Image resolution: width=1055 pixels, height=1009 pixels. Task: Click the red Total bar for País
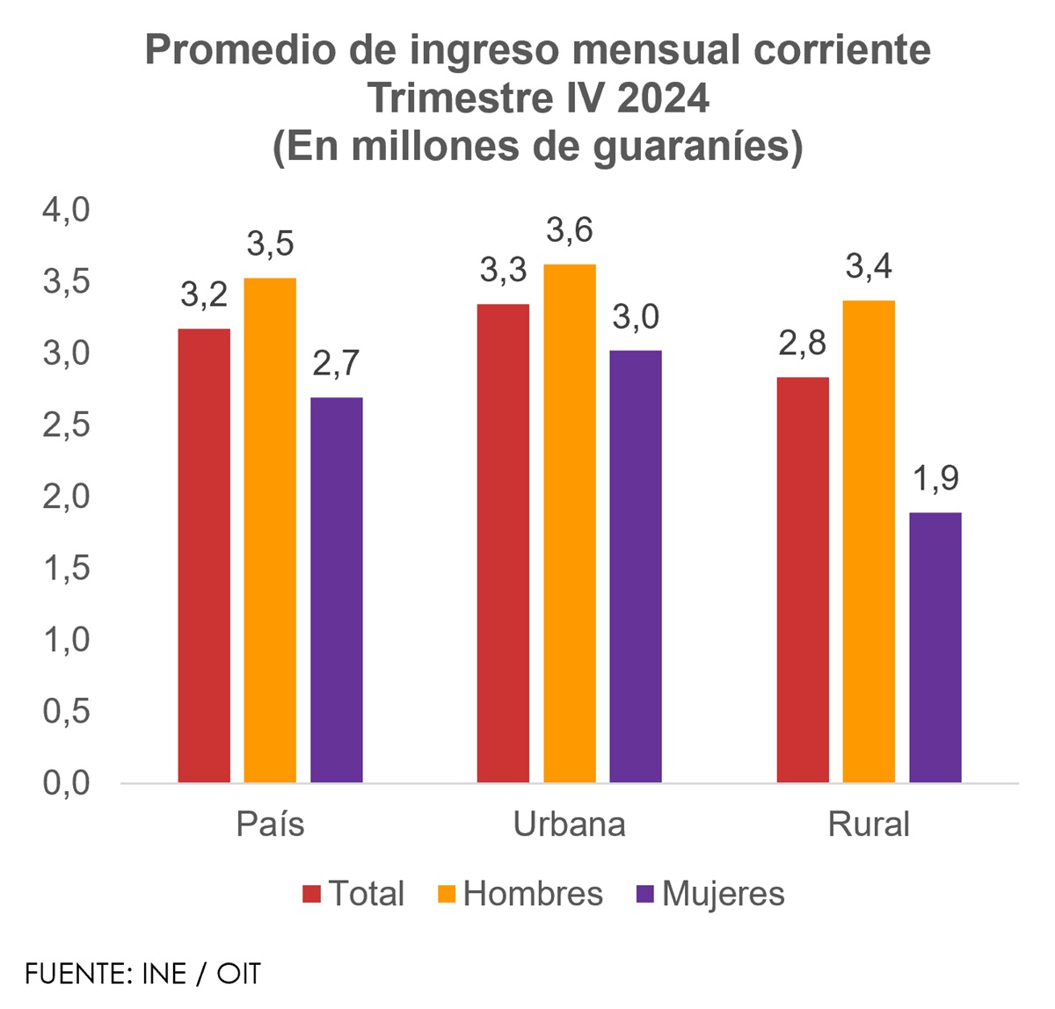tap(204, 555)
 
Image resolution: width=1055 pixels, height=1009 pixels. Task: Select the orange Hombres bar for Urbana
tap(570, 523)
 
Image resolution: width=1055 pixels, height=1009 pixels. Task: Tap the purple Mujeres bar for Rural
tap(935, 647)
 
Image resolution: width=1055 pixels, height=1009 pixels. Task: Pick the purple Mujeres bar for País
tap(336, 590)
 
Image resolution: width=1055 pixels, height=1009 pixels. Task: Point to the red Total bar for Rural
tap(803, 580)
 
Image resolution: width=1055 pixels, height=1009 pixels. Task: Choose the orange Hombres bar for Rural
tap(869, 541)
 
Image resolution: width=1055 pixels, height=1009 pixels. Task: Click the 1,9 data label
tap(935, 479)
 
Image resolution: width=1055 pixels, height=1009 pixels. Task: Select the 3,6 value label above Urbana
tap(570, 230)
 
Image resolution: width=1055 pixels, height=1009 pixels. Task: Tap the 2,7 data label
tap(336, 364)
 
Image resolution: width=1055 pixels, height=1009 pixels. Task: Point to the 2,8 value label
tap(803, 344)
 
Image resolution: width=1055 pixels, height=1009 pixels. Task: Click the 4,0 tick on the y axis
tap(67, 211)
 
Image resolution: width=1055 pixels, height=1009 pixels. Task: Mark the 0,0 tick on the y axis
tap(67, 782)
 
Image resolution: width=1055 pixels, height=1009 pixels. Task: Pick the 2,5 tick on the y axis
tap(67, 425)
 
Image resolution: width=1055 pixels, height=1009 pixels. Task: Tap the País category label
tap(270, 824)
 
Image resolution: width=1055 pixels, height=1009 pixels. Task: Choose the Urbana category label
tap(570, 824)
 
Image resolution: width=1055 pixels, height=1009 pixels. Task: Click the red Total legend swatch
tap(312, 895)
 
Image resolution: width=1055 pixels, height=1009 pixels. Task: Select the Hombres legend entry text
tap(533, 894)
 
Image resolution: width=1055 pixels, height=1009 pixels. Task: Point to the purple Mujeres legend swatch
tap(645, 895)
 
